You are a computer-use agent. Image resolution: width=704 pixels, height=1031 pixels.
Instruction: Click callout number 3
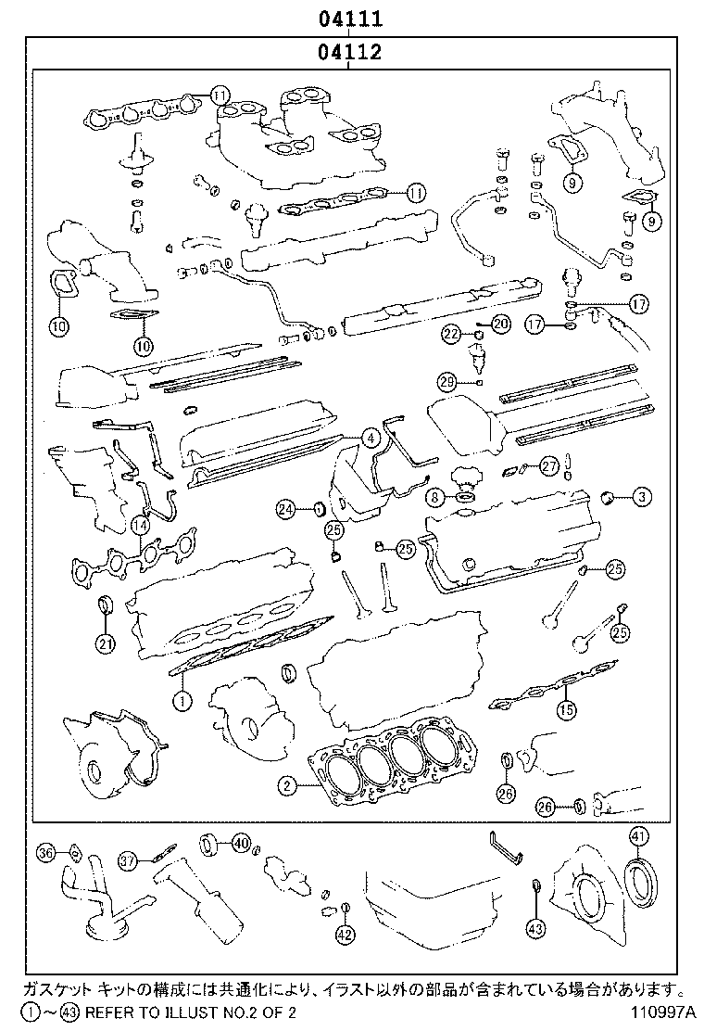tap(641, 498)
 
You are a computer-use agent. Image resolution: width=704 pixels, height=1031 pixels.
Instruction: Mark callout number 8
tap(433, 498)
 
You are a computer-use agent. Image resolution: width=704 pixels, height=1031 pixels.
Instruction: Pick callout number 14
tap(139, 526)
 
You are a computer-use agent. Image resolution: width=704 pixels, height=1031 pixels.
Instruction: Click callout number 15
tap(566, 711)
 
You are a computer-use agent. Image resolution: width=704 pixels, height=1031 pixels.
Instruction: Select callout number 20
tap(500, 324)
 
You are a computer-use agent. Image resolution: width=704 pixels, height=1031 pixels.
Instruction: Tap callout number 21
tap(105, 644)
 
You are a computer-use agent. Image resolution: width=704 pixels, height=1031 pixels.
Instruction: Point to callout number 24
tap(286, 508)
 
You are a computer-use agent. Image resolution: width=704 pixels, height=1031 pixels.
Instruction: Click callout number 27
tap(550, 466)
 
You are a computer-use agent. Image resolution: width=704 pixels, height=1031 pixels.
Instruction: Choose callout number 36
tap(46, 852)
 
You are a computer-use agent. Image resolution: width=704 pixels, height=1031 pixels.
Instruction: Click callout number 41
tap(638, 837)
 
